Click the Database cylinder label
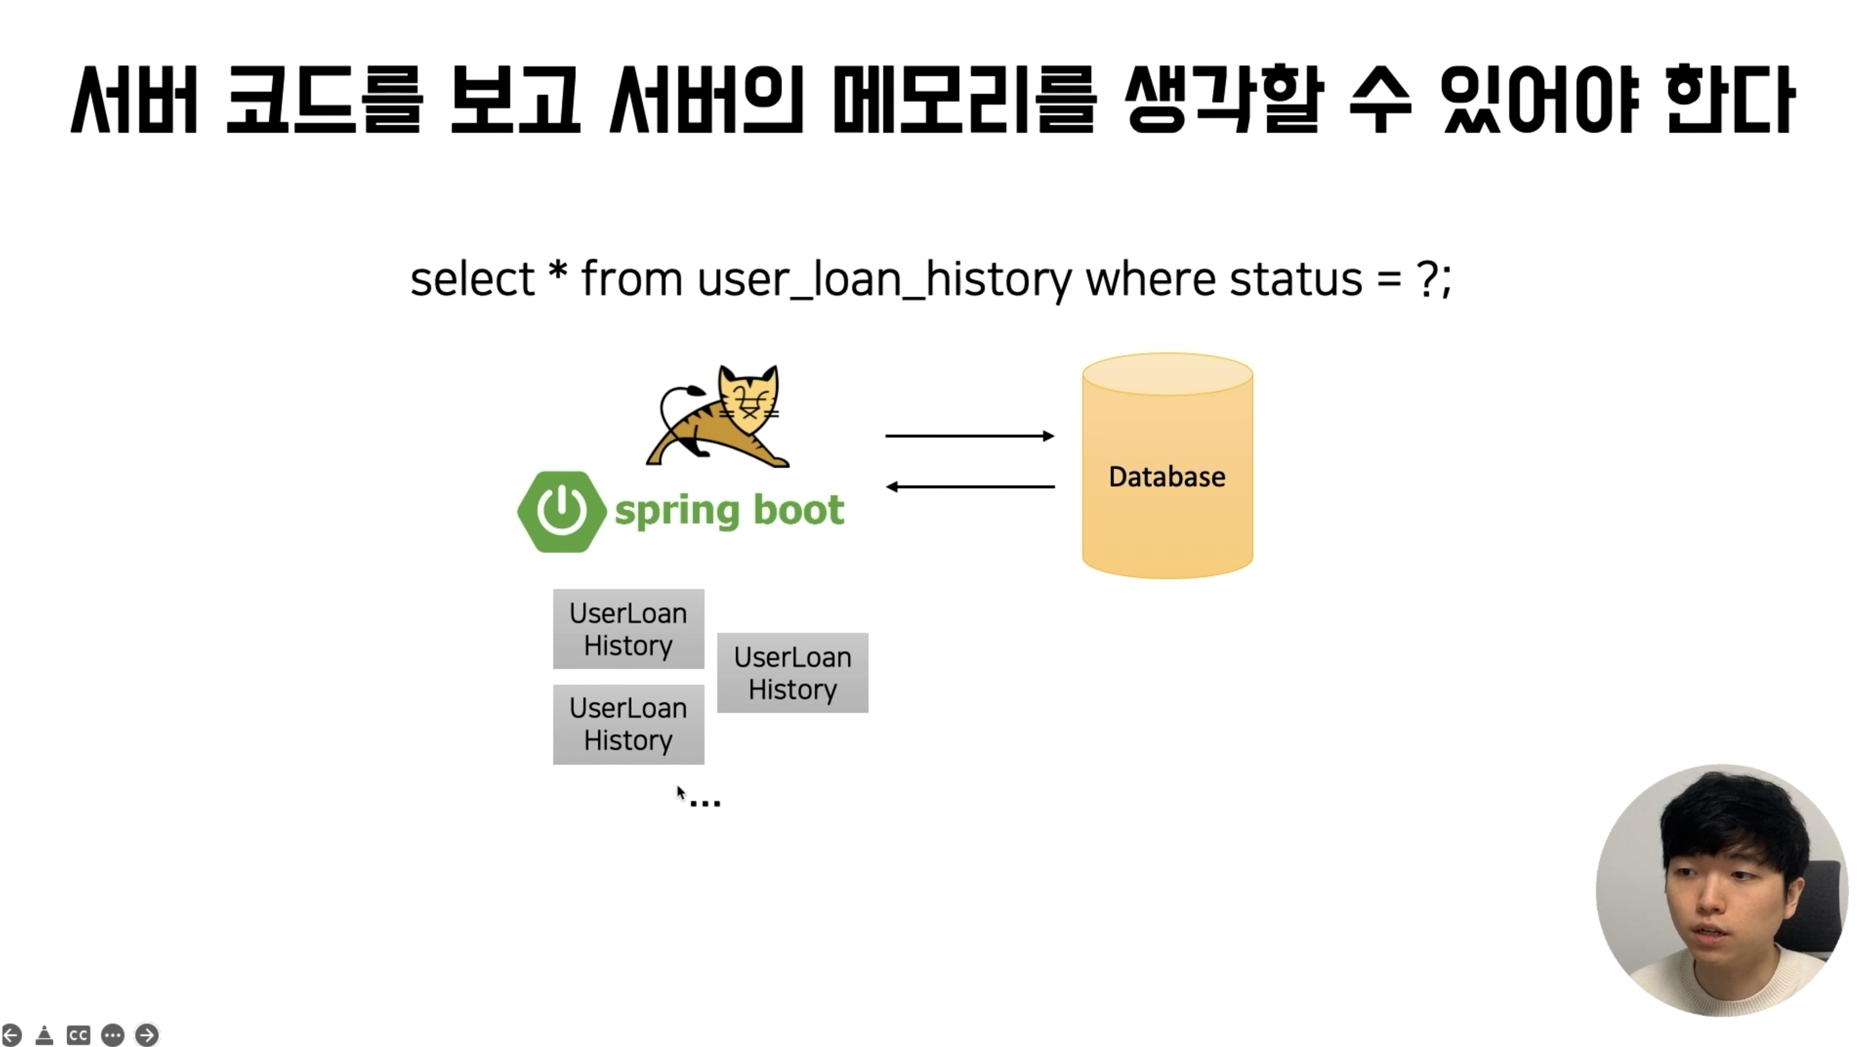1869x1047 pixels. [x=1167, y=477]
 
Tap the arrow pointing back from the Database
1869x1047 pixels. [x=970, y=486]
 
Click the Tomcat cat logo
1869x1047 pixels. [x=718, y=416]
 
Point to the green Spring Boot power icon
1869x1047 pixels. [x=561, y=511]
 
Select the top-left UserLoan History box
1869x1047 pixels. [x=628, y=628]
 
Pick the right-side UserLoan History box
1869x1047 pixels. [x=792, y=672]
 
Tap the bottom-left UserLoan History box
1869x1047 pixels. [x=628, y=724]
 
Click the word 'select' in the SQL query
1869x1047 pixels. [x=472, y=279]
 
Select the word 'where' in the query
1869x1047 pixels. [x=1150, y=279]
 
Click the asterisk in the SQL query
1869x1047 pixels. [x=558, y=270]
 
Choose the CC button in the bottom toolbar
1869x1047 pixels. [x=78, y=1035]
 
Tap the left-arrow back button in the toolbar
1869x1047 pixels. [x=12, y=1035]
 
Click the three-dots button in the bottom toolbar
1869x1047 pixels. [x=112, y=1035]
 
